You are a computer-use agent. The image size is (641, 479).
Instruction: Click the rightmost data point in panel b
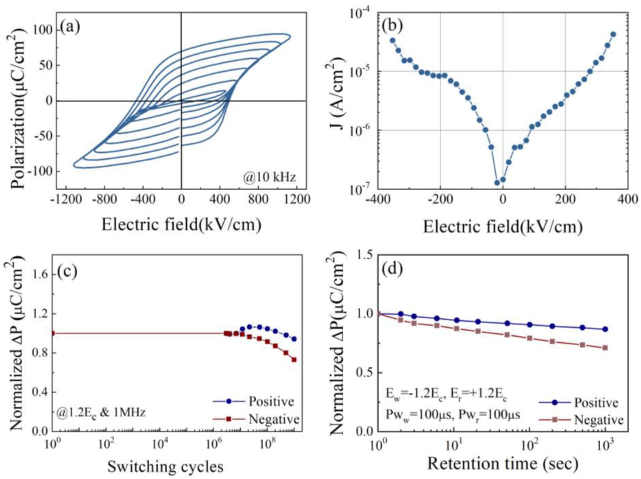tap(613, 35)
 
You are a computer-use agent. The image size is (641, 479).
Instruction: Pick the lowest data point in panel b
tap(497, 183)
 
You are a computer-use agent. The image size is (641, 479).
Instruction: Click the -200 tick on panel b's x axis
tap(440, 200)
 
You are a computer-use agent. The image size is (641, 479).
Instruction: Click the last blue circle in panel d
tap(605, 329)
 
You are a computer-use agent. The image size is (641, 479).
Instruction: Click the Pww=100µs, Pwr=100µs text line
tap(452, 415)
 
